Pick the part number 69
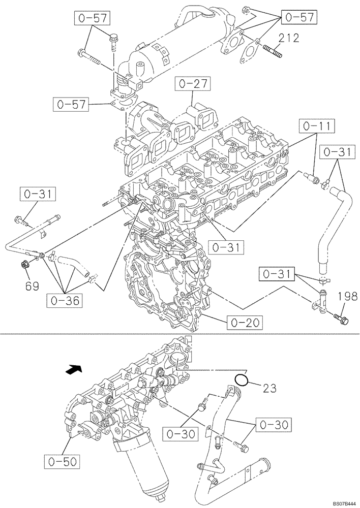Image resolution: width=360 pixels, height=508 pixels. [x=32, y=287]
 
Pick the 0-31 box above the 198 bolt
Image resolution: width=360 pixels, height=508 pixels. [x=277, y=275]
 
